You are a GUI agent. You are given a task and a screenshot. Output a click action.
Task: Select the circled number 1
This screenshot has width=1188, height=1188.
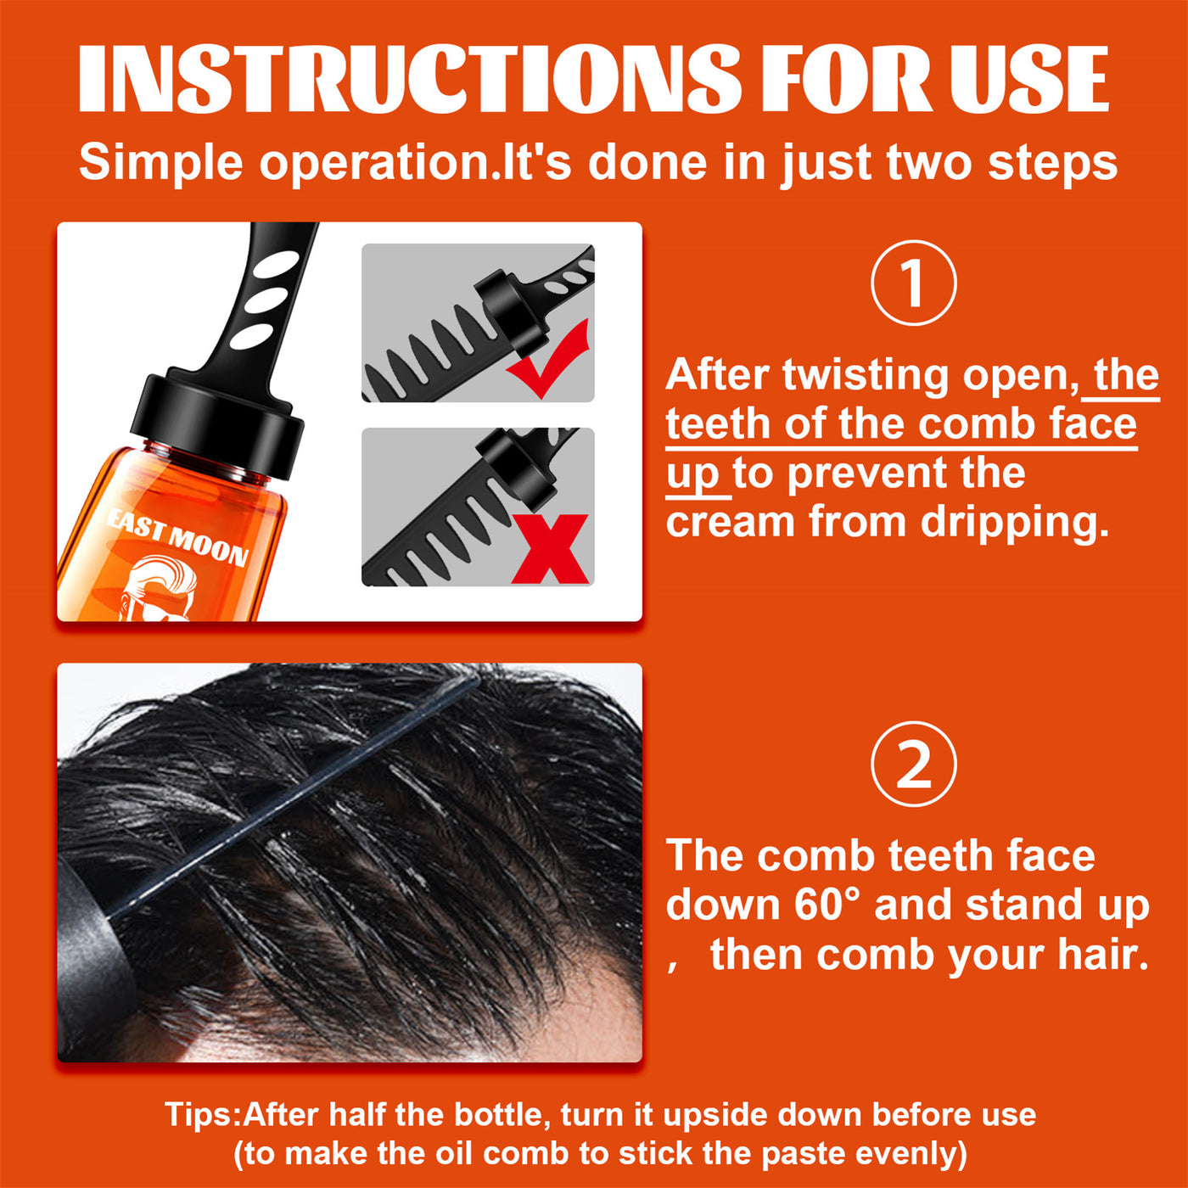pos(914,283)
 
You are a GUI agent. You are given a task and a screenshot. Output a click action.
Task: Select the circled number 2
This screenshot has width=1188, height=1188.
pos(914,764)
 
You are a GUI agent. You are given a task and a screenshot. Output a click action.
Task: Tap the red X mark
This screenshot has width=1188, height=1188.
pos(550,549)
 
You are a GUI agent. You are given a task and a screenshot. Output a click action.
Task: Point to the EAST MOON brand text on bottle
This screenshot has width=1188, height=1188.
pos(177,536)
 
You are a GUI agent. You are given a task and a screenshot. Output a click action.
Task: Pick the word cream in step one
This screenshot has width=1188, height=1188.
pos(731,522)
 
